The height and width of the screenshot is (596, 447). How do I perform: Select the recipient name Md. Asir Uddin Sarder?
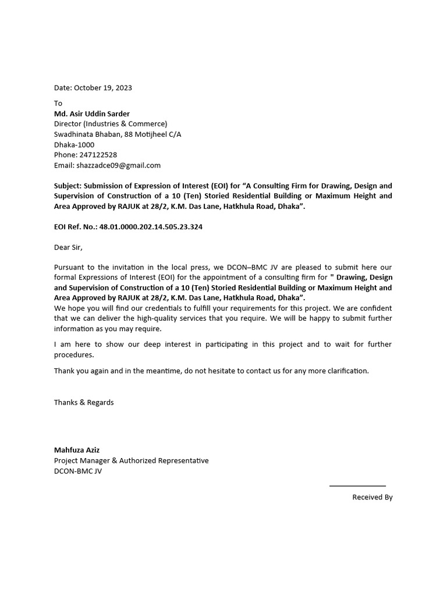coord(92,113)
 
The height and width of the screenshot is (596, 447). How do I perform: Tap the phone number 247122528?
coord(98,155)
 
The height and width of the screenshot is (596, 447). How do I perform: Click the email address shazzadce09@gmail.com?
coord(118,165)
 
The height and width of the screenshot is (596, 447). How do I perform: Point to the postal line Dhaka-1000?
coord(74,145)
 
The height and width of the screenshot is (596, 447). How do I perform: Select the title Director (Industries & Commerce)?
coord(111,124)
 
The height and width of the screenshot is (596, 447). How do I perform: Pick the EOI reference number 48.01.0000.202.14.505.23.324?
coord(151,227)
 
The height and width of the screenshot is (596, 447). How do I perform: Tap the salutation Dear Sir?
coord(68,247)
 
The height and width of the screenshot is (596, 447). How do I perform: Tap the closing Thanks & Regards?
coord(84,402)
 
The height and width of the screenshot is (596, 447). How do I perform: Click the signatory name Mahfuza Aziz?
coord(77,450)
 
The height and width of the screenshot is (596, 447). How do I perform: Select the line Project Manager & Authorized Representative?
coord(131,460)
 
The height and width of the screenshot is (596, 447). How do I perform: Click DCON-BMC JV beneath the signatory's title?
coord(77,471)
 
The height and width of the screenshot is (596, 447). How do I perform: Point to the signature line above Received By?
coord(357,485)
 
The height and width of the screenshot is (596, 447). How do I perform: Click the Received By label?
coord(372,497)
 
